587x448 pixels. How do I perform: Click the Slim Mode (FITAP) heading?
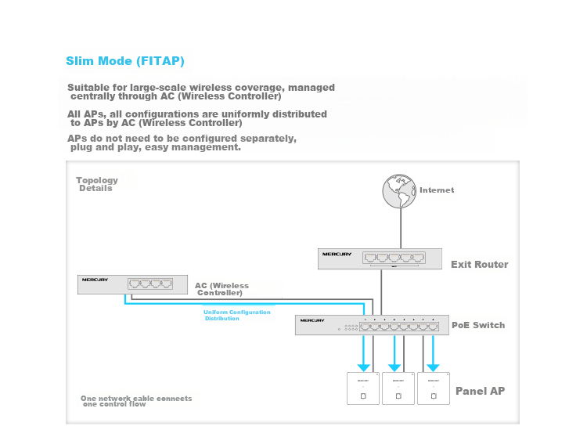[x=125, y=61]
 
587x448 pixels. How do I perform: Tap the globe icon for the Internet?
[x=401, y=190]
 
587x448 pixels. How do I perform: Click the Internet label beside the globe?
[x=437, y=190]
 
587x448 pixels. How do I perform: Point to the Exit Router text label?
[x=479, y=265]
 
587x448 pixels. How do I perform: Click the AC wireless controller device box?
[x=132, y=284]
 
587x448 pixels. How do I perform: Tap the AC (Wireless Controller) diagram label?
[x=221, y=289]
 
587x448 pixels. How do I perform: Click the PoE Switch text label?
[x=478, y=325]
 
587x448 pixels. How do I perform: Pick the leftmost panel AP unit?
[x=363, y=388]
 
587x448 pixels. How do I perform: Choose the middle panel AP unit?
[x=398, y=388]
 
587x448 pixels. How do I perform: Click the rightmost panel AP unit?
[x=433, y=388]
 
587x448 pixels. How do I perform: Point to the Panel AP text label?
[x=480, y=391]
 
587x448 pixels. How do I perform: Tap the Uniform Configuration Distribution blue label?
[x=236, y=315]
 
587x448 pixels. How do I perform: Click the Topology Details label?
[x=96, y=184]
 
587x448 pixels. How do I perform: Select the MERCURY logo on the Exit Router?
[x=337, y=255]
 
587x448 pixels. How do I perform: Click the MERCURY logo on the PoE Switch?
[x=312, y=320]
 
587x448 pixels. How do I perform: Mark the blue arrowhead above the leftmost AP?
[x=363, y=367]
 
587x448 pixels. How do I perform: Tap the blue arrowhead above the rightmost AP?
[x=433, y=367]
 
